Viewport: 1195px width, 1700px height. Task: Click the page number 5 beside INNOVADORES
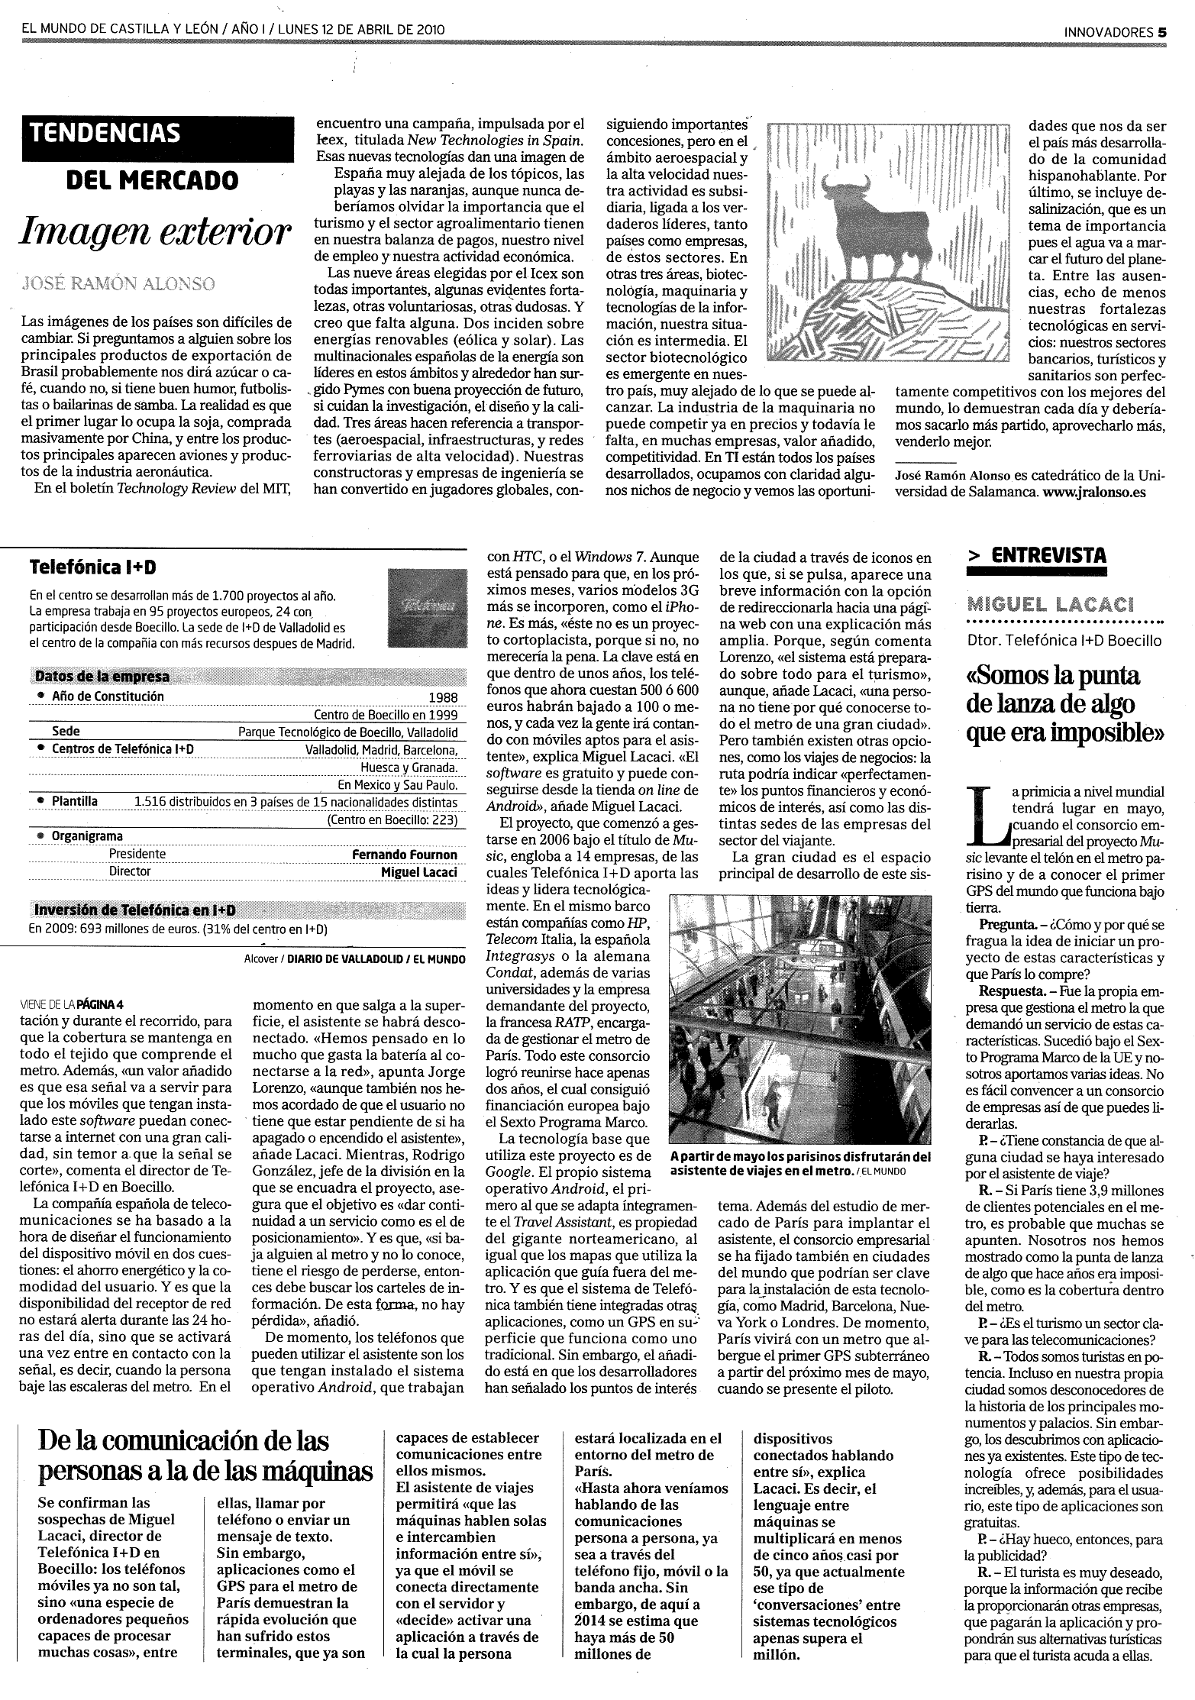coord(1162,32)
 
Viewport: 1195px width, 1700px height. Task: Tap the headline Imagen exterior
coord(157,231)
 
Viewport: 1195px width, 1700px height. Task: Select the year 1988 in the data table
coord(443,697)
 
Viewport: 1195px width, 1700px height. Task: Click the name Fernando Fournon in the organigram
coord(404,855)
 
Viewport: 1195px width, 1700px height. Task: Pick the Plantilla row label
coord(74,802)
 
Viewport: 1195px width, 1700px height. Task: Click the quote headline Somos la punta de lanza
coord(1064,704)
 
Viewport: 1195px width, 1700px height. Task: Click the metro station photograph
coord(800,1018)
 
